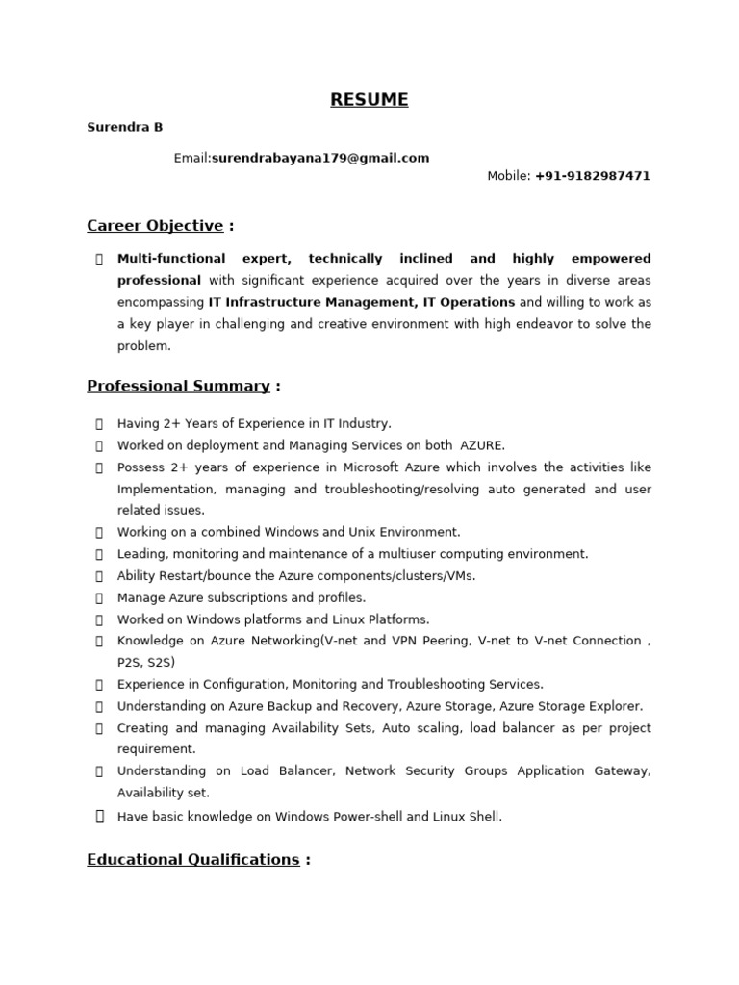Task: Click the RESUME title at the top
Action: tap(369, 100)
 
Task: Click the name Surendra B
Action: tap(125, 127)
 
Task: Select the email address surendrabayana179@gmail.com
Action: tap(320, 158)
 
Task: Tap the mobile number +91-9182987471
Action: tap(593, 176)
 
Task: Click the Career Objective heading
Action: tap(155, 226)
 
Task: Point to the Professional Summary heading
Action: tap(178, 386)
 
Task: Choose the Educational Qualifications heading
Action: tap(192, 859)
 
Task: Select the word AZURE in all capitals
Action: tap(482, 445)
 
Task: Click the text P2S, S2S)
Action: tap(146, 663)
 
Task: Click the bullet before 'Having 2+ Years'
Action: tap(99, 423)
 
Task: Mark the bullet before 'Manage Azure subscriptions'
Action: tap(99, 597)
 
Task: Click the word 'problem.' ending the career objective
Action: tap(144, 346)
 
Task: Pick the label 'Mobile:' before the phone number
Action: tap(509, 176)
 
